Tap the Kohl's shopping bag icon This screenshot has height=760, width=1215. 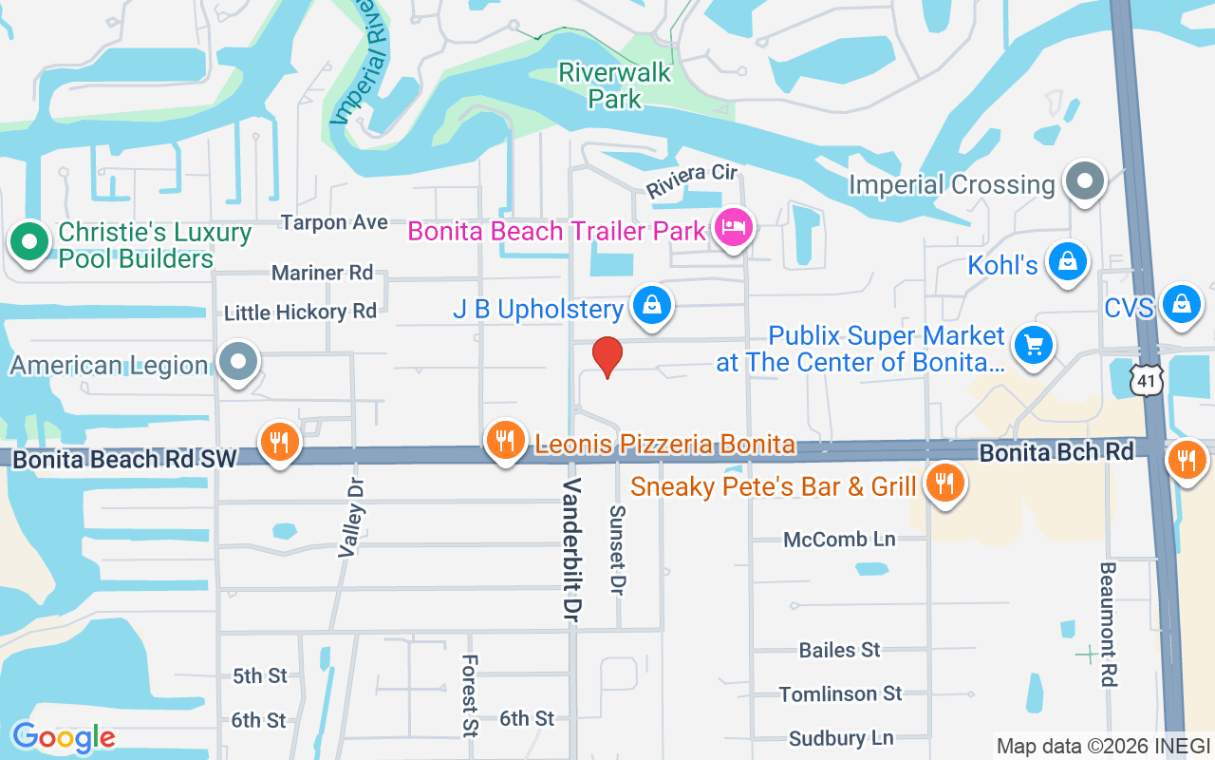tap(1068, 261)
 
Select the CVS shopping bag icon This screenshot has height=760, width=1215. tap(1182, 305)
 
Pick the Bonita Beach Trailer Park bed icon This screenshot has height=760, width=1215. tap(733, 228)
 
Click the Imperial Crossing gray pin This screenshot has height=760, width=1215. tap(1084, 180)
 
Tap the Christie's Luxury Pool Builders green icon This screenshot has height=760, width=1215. tap(29, 242)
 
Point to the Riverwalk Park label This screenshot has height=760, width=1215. tap(614, 85)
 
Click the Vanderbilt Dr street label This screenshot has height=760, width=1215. tap(571, 551)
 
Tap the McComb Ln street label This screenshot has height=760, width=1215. tap(839, 540)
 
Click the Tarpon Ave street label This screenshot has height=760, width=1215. tap(334, 222)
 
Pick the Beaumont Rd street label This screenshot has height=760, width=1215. tap(1109, 624)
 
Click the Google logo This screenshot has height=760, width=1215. tap(63, 737)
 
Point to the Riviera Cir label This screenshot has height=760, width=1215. tap(692, 180)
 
